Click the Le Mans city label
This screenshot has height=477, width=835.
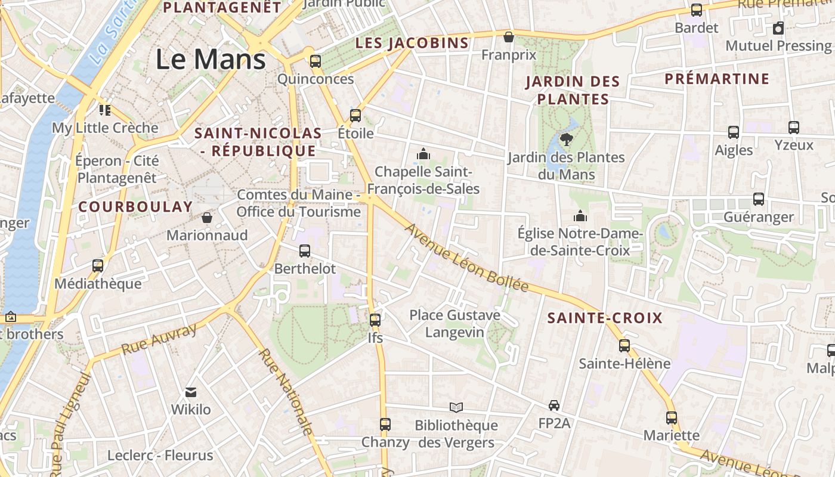click(x=211, y=59)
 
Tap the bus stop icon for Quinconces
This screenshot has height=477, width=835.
click(x=316, y=61)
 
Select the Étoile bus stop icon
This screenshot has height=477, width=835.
click(x=355, y=115)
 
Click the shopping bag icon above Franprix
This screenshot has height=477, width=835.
click(x=509, y=37)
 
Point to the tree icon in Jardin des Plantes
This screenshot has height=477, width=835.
click(x=567, y=140)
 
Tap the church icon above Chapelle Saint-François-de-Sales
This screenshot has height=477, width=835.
click(x=423, y=154)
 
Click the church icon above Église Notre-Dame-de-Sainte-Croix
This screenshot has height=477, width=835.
click(x=580, y=216)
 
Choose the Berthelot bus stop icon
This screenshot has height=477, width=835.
click(x=305, y=251)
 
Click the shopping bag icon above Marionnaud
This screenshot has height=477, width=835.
click(x=207, y=218)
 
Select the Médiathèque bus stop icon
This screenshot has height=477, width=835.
click(x=98, y=266)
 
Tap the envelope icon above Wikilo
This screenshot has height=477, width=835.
click(x=191, y=392)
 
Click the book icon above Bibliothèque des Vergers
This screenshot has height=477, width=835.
click(x=456, y=407)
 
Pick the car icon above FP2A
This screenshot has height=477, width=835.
click(x=554, y=405)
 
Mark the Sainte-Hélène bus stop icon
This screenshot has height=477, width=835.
click(x=624, y=345)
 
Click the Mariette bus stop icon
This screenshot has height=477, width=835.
click(x=672, y=417)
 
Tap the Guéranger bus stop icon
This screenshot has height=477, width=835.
click(x=759, y=199)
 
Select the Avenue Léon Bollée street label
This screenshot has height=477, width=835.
click(x=466, y=259)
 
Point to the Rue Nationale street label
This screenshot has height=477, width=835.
click(x=286, y=391)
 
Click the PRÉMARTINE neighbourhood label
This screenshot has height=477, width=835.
click(x=717, y=79)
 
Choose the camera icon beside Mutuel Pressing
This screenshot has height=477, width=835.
click(x=778, y=28)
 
